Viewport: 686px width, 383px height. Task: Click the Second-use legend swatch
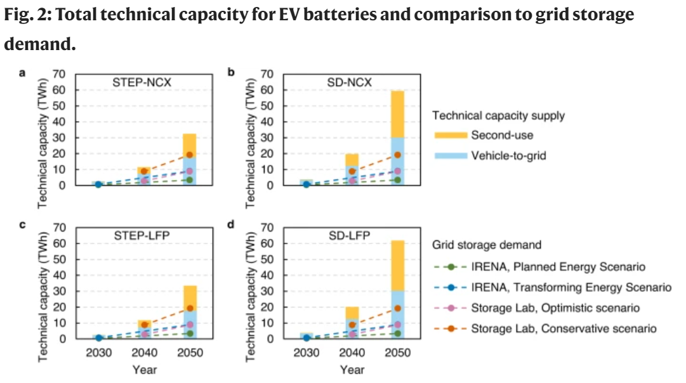click(x=449, y=135)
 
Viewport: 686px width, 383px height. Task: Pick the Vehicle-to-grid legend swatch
click(x=449, y=155)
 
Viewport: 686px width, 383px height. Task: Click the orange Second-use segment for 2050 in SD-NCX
click(x=397, y=114)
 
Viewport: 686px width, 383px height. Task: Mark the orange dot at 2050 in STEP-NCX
click(x=189, y=155)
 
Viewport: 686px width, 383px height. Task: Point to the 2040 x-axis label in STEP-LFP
click(x=143, y=353)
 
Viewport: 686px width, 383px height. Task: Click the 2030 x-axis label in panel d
click(x=306, y=353)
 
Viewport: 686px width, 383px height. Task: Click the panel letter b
click(x=232, y=72)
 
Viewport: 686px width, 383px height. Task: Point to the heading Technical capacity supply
click(x=498, y=115)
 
